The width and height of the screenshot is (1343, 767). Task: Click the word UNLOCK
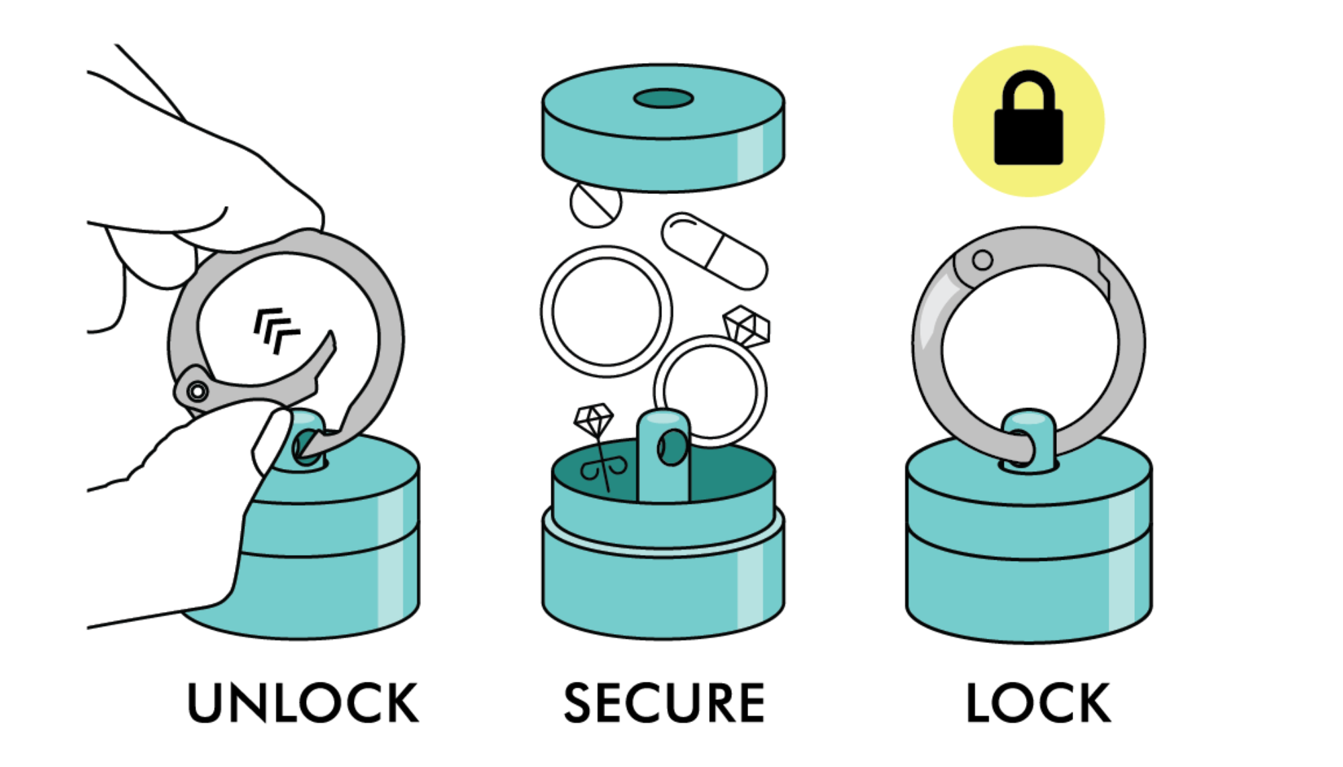pyautogui.click(x=303, y=703)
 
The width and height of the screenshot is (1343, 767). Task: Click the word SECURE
pyautogui.click(x=664, y=703)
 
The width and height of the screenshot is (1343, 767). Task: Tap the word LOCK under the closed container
pyautogui.click(x=1038, y=703)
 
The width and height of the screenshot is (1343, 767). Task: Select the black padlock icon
pyautogui.click(x=1028, y=118)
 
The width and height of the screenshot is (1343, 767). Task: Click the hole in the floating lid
pyautogui.click(x=663, y=99)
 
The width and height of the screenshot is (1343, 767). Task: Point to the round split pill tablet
pyautogui.click(x=596, y=204)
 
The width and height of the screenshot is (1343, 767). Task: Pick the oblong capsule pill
pyautogui.click(x=714, y=251)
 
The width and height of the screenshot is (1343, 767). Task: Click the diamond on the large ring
pyautogui.click(x=747, y=327)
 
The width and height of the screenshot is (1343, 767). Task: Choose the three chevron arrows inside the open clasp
pyautogui.click(x=275, y=329)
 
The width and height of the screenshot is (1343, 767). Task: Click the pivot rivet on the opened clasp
pyautogui.click(x=197, y=391)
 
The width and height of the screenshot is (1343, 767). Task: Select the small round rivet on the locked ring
pyautogui.click(x=982, y=260)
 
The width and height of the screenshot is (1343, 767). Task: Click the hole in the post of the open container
pyautogui.click(x=671, y=448)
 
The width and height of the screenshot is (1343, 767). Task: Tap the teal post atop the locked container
pyautogui.click(x=1028, y=439)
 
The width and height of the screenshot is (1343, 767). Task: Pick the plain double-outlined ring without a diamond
pyautogui.click(x=606, y=311)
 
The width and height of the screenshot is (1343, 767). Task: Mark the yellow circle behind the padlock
pyautogui.click(x=1028, y=121)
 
